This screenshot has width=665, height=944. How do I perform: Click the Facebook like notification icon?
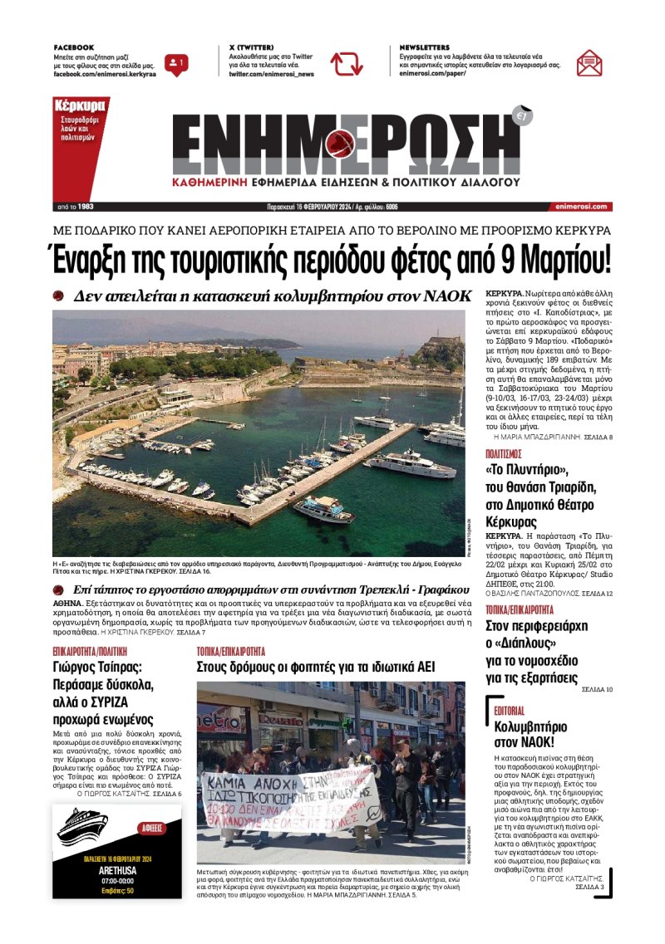coord(176,63)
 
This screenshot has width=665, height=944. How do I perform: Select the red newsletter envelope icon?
coord(589,63)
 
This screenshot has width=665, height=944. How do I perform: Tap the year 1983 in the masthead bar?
coord(85,207)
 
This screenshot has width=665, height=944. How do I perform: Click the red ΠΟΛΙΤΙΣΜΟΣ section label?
coord(503,454)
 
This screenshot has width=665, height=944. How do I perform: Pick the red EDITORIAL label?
coord(509,712)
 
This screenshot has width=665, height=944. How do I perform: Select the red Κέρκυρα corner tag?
coord(79,106)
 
